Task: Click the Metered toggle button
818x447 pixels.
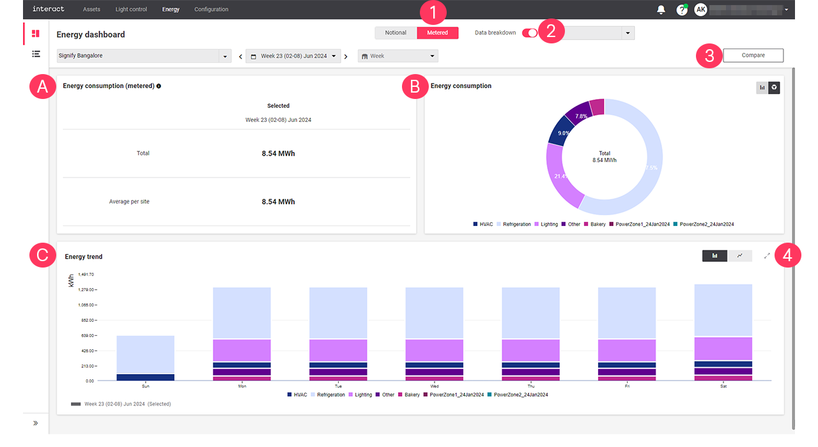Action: tap(438, 33)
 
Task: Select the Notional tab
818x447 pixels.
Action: tap(396, 33)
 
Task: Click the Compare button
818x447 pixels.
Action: tap(753, 56)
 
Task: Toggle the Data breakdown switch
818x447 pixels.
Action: tap(530, 33)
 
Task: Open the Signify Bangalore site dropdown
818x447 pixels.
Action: tap(144, 56)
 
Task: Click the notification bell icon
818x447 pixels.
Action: tap(661, 10)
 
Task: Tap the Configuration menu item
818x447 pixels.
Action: tap(211, 10)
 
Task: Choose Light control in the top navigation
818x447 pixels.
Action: tap(131, 10)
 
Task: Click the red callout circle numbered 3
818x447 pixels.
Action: tap(709, 56)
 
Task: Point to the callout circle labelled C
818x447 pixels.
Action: tap(43, 255)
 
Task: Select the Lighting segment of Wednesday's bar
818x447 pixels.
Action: tap(435, 350)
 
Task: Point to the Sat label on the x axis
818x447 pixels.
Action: tap(723, 386)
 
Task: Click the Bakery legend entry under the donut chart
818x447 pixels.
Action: tap(595, 224)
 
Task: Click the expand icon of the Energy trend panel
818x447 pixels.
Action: tap(767, 255)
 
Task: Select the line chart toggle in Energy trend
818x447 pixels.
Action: tap(739, 255)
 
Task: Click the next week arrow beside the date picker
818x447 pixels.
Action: tap(346, 56)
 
